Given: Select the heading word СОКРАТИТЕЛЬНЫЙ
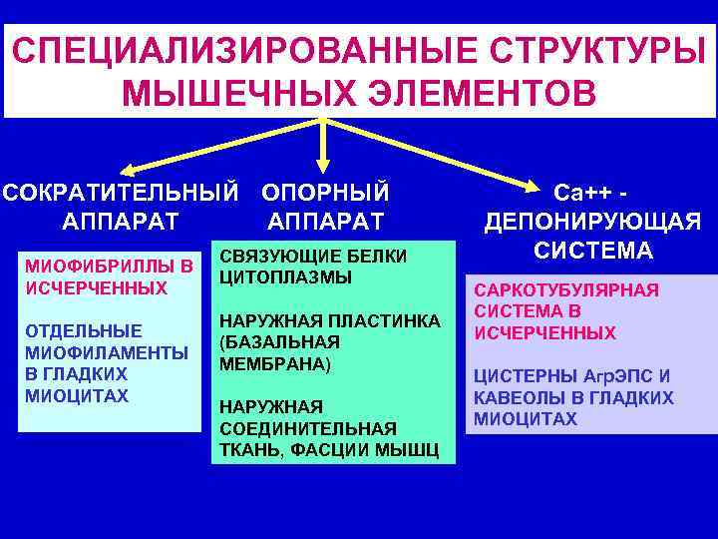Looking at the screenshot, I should point(121,190).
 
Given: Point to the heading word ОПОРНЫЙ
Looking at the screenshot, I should point(325,190).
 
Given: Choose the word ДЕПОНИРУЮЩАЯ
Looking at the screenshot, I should point(592,221).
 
